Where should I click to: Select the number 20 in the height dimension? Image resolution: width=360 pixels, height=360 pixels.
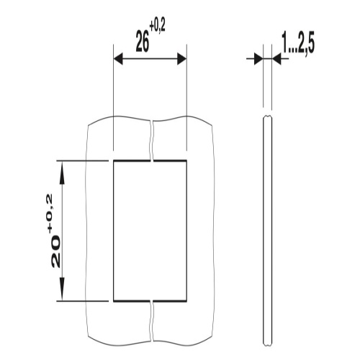[x=55, y=251]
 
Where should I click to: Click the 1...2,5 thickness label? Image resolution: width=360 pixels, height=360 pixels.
[x=298, y=45]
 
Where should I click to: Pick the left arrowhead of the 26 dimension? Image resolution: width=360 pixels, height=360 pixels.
[x=118, y=59]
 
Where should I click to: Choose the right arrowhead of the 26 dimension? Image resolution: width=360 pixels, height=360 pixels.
[x=181, y=59]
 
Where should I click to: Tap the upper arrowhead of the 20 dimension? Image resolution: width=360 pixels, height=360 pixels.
[x=62, y=172]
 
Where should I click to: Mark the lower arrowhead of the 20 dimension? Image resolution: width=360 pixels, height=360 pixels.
[x=62, y=289]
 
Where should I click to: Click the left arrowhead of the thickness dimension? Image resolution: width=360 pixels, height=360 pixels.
[x=258, y=58]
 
